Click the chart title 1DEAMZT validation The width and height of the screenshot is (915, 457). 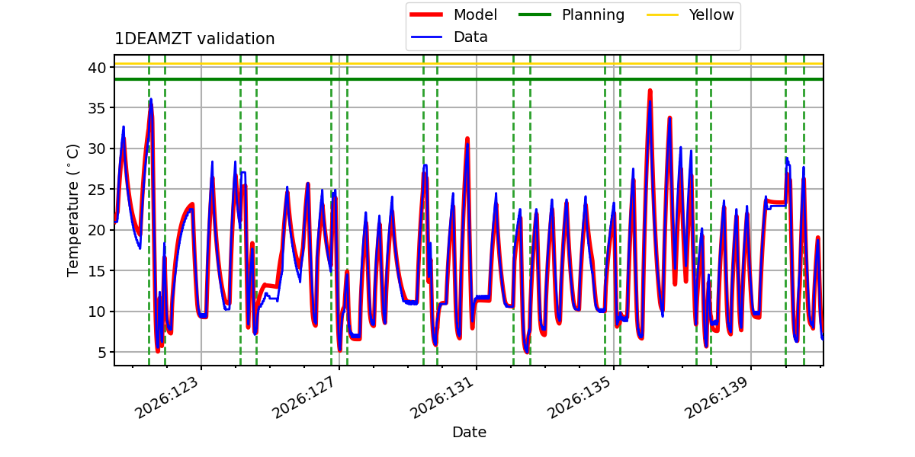click(x=194, y=39)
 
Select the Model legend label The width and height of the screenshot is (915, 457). click(x=476, y=14)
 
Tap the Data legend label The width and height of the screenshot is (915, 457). click(x=470, y=37)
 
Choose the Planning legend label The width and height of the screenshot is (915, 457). click(x=593, y=15)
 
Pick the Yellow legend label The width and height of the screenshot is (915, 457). click(x=711, y=14)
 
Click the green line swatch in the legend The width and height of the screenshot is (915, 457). click(x=535, y=14)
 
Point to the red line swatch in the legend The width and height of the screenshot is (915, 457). click(x=426, y=14)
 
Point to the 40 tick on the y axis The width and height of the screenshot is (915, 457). click(x=97, y=68)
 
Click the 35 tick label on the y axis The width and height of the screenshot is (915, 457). click(x=97, y=108)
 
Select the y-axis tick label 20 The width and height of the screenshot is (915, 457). click(x=97, y=230)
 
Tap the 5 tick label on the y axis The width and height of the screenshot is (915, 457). click(x=101, y=352)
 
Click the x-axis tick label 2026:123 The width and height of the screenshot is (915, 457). click(x=167, y=398)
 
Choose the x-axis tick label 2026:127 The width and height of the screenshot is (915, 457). click(x=304, y=398)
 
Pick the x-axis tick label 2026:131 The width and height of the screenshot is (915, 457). click(x=441, y=398)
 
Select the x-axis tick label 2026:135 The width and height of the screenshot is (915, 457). click(x=579, y=398)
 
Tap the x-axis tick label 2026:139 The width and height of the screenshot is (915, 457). click(x=717, y=398)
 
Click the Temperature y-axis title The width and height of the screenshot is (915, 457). click(x=72, y=210)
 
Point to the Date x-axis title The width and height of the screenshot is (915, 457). click(x=469, y=432)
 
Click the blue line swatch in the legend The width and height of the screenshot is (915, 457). click(x=426, y=37)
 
